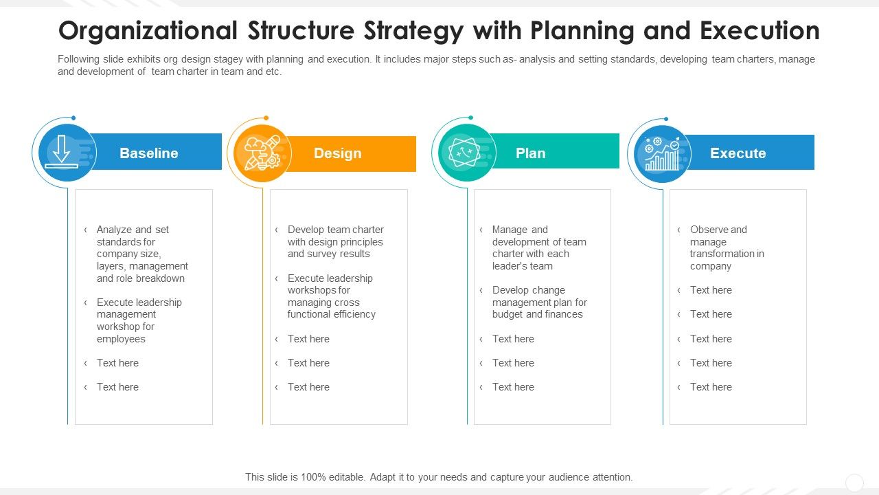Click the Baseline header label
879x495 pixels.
(x=148, y=153)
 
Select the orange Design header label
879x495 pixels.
(x=337, y=153)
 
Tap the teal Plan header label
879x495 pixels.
(x=530, y=153)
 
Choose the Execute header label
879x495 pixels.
(x=738, y=153)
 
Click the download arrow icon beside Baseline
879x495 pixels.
(x=62, y=153)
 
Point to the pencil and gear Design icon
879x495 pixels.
(x=262, y=153)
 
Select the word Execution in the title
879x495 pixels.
(x=760, y=31)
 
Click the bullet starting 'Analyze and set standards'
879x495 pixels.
(x=141, y=254)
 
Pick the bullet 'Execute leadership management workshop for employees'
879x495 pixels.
(x=139, y=320)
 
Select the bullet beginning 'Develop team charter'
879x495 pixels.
(x=335, y=241)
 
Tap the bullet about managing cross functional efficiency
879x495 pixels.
(x=331, y=296)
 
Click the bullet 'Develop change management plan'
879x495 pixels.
(x=539, y=302)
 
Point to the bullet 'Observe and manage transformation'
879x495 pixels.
(x=726, y=247)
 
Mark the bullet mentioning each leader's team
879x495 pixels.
(x=538, y=247)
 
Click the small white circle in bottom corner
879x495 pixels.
(x=854, y=483)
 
